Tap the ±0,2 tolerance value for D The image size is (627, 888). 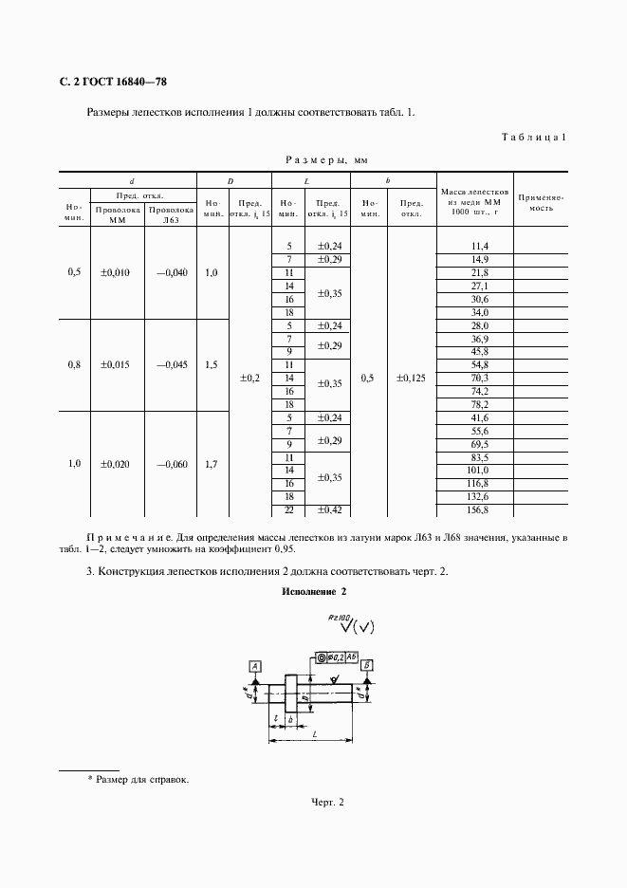click(x=249, y=377)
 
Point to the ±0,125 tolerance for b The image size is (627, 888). click(x=411, y=378)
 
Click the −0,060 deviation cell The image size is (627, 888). click(x=172, y=464)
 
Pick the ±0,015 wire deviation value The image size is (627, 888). click(x=115, y=364)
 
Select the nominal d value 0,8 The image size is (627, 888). click(x=74, y=364)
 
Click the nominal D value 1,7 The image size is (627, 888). click(x=212, y=464)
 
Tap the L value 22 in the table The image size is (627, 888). click(x=288, y=509)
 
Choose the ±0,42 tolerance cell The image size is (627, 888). click(x=328, y=509)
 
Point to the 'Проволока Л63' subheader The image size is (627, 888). click(x=171, y=215)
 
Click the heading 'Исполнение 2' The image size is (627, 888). click(x=314, y=592)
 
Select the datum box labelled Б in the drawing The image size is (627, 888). click(x=367, y=665)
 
